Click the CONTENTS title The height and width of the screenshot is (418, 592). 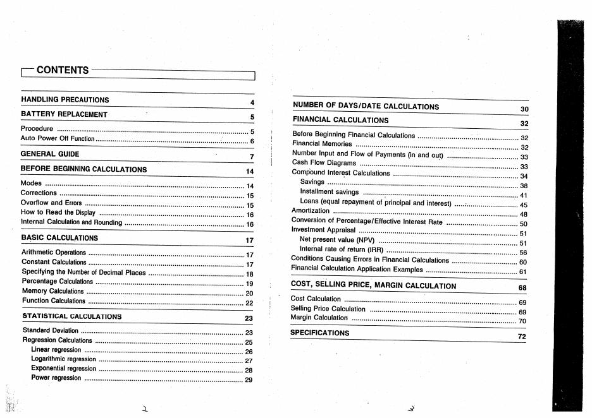click(x=63, y=70)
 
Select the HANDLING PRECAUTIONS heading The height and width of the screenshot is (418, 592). click(x=65, y=100)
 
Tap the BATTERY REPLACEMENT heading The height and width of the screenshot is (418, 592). click(x=65, y=114)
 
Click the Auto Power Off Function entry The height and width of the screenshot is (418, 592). click(x=58, y=138)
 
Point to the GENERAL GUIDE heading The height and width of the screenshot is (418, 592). click(x=50, y=153)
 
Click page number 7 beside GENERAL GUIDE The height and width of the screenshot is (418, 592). click(x=251, y=157)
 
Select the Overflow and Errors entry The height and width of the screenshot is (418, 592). click(x=51, y=203)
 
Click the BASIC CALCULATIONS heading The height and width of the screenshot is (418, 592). click(x=60, y=238)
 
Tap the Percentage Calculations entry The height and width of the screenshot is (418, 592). click(x=58, y=282)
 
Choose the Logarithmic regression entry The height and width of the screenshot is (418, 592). click(x=63, y=359)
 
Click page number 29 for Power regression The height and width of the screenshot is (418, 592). click(x=249, y=380)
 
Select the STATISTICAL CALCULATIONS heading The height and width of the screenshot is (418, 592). click(x=72, y=316)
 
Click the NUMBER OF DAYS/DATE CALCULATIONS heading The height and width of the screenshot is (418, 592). click(x=366, y=107)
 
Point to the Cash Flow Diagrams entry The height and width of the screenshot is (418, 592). click(x=324, y=163)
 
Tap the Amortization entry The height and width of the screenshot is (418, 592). click(x=311, y=211)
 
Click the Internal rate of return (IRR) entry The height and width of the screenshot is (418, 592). click(x=342, y=249)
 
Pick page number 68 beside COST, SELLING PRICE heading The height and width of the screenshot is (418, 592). click(x=522, y=288)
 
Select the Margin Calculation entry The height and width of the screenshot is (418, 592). click(x=319, y=318)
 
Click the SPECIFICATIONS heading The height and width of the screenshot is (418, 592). click(x=320, y=333)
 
